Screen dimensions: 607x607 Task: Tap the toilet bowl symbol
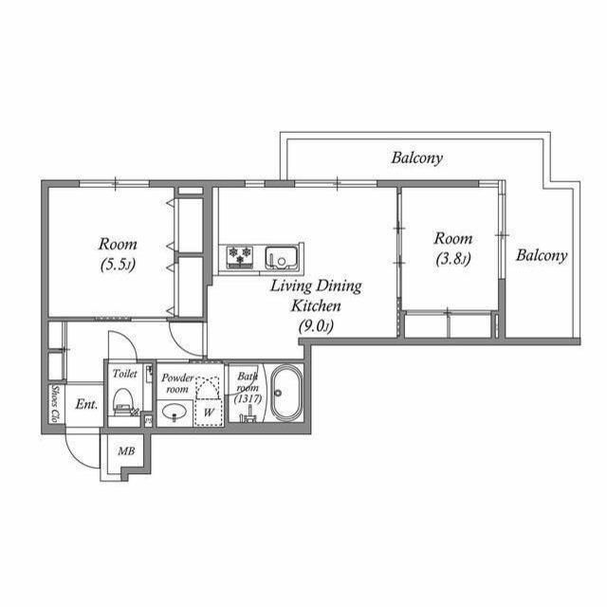pos(123,405)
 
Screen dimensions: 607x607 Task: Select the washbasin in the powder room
pos(174,413)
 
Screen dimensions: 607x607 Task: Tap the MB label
pos(125,451)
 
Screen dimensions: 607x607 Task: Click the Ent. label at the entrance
pos(86,404)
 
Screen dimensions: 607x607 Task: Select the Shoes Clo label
pos(56,404)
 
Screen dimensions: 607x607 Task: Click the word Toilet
pos(125,374)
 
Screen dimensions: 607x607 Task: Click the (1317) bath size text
pos(248,398)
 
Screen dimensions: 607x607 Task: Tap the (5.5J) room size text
pos(119,266)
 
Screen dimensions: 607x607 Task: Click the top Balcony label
pos(416,158)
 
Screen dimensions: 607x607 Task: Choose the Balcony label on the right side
pos(542,255)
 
